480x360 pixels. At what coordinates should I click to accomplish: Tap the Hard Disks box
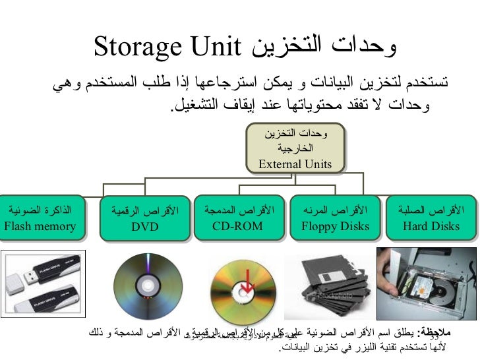[431, 218]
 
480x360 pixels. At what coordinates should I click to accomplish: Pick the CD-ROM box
[237, 218]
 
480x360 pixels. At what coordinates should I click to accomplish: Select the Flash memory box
[40, 218]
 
